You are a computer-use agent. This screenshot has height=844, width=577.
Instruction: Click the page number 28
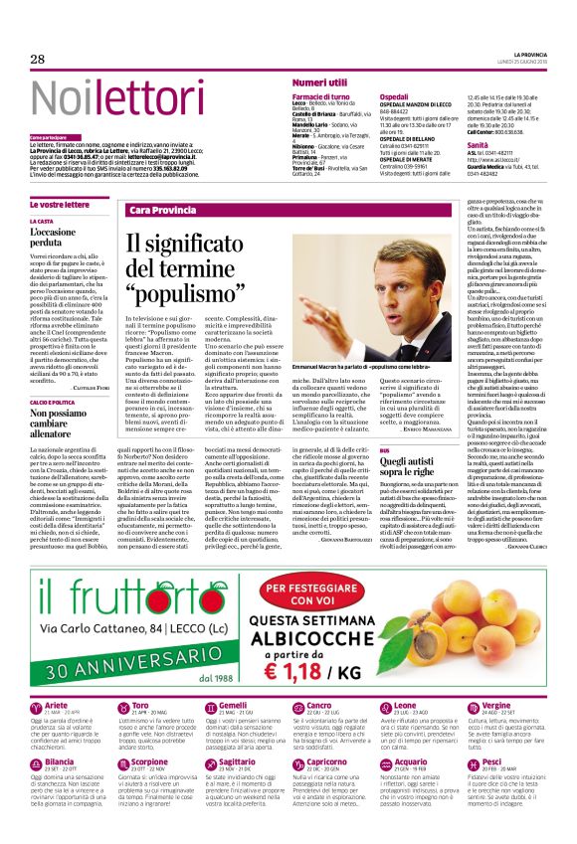(x=38, y=60)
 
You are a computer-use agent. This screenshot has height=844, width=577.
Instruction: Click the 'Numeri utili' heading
(x=319, y=83)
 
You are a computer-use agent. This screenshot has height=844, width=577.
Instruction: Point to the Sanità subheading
(x=478, y=145)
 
